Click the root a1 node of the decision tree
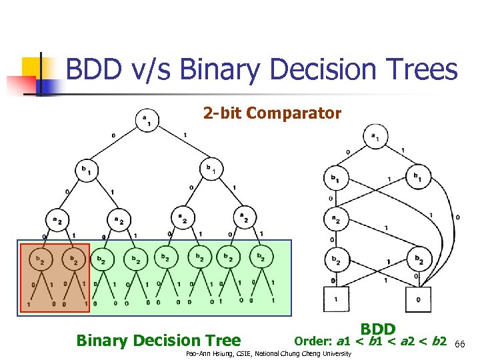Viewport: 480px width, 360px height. pyautogui.click(x=146, y=120)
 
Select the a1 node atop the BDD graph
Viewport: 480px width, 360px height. pyautogui.click(x=374, y=138)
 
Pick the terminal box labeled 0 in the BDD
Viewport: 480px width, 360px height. pyautogui.click(x=418, y=299)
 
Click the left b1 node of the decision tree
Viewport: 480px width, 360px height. pyautogui.click(x=86, y=170)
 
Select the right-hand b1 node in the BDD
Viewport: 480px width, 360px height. pyautogui.click(x=418, y=178)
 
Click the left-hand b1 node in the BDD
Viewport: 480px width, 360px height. pyautogui.click(x=335, y=178)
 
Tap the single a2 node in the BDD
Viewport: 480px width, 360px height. pyautogui.click(x=335, y=218)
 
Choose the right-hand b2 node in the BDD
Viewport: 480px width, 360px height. pyautogui.click(x=418, y=259)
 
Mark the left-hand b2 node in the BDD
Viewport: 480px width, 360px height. pyautogui.click(x=335, y=259)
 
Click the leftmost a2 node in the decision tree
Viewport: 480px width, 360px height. pyautogui.click(x=55, y=218)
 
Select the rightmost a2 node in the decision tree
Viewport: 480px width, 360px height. pyautogui.click(x=243, y=217)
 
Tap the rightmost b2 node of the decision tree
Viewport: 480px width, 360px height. pyautogui.click(x=261, y=257)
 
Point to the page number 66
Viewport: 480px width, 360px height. pyautogui.click(x=459, y=343)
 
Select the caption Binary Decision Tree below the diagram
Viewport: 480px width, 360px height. pyautogui.click(x=158, y=341)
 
